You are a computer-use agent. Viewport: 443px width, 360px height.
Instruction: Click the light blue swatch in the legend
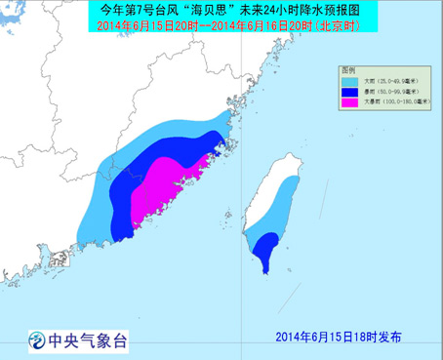[349, 82]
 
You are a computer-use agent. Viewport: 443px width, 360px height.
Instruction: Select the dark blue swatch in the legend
[349, 92]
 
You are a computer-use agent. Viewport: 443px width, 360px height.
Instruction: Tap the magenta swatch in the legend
[349, 102]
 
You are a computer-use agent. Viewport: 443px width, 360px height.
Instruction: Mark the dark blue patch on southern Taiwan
[264, 256]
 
